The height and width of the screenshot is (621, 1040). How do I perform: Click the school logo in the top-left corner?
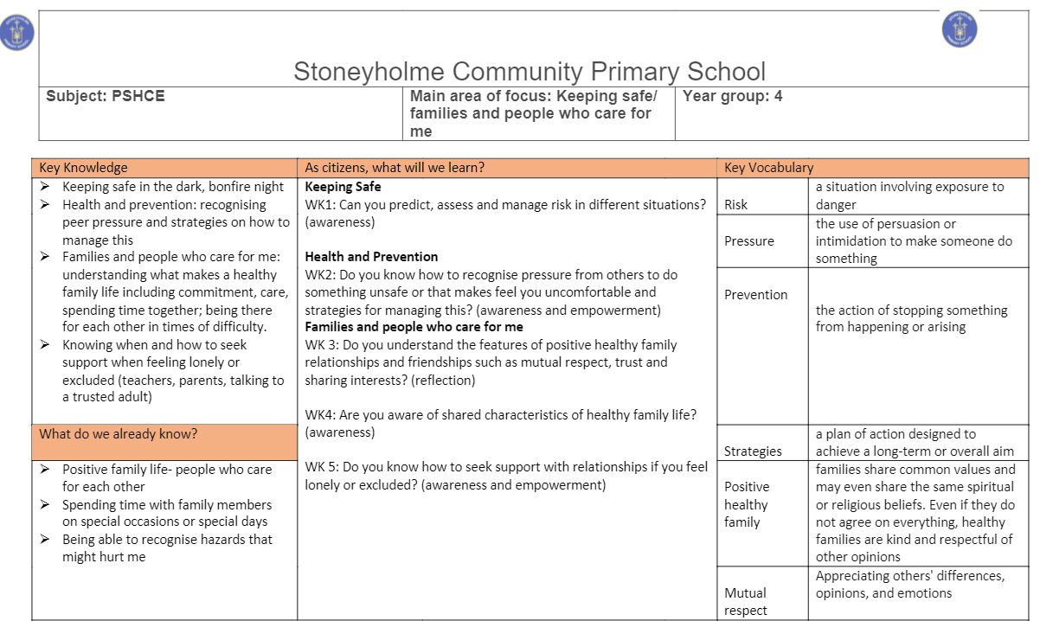(x=17, y=32)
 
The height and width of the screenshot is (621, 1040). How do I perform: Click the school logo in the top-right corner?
(x=959, y=30)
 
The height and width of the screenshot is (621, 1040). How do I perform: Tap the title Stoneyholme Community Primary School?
(x=530, y=71)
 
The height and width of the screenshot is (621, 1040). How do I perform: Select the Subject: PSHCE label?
(x=105, y=97)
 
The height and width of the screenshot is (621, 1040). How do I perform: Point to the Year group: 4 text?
(x=732, y=97)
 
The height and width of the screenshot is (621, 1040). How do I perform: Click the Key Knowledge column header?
(x=84, y=168)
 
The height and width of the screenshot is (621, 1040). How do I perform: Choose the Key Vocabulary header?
(x=768, y=168)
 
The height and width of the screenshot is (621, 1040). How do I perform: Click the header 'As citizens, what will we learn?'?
(x=395, y=168)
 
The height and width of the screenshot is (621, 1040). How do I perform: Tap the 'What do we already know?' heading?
(x=119, y=433)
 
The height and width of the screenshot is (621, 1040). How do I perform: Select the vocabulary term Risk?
(x=736, y=205)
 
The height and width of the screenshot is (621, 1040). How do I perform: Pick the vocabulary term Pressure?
(x=749, y=241)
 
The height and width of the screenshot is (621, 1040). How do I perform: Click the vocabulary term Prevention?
(x=756, y=294)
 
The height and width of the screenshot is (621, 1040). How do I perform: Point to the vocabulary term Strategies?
(x=753, y=451)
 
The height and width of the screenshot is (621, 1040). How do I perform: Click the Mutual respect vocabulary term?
(x=746, y=601)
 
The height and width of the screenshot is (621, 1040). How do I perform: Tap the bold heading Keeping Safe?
(x=343, y=187)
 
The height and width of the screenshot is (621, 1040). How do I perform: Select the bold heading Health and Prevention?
(x=371, y=257)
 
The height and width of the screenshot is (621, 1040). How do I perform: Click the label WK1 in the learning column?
(x=320, y=205)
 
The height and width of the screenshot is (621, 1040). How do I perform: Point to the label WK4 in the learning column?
(x=320, y=415)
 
